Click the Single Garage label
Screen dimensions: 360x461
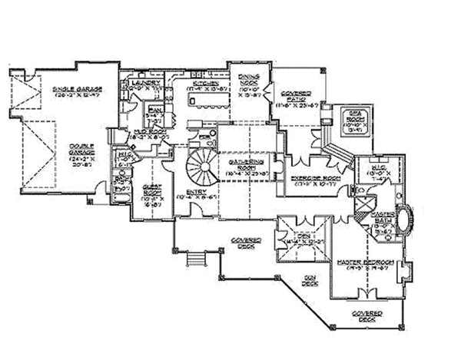79,90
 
